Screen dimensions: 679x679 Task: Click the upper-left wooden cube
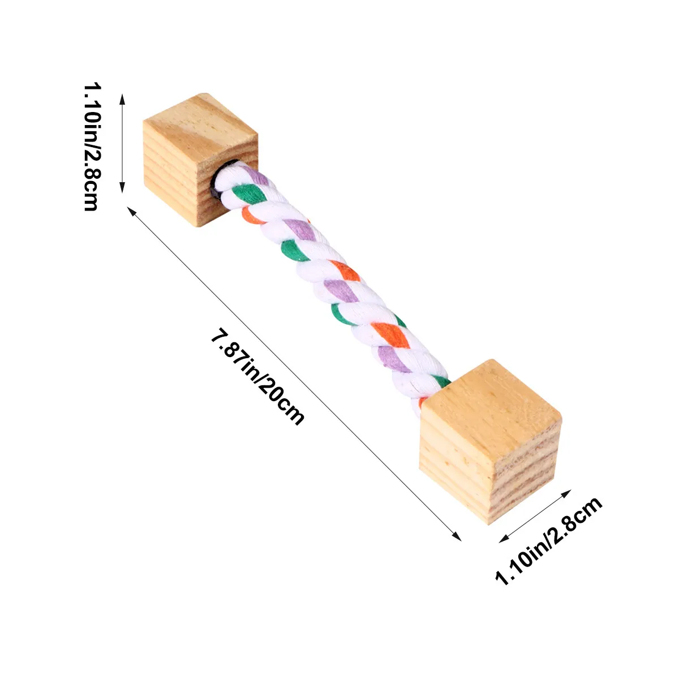pos(200,159)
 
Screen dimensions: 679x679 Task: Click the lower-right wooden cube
pos(490,441)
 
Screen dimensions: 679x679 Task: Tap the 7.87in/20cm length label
pos(257,376)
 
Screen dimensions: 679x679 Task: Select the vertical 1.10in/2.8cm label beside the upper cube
pos(92,147)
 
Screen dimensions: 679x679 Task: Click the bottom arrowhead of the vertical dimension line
pos(122,188)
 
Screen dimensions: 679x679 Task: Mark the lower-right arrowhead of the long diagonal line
pos(457,536)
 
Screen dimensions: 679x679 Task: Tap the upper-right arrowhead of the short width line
pos(566,493)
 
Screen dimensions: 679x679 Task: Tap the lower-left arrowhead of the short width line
pos(504,539)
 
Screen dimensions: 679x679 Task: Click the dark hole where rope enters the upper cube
pos(218,178)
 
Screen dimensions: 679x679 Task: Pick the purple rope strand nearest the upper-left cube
pos(256,175)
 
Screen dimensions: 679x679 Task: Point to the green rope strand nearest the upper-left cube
pos(249,194)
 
